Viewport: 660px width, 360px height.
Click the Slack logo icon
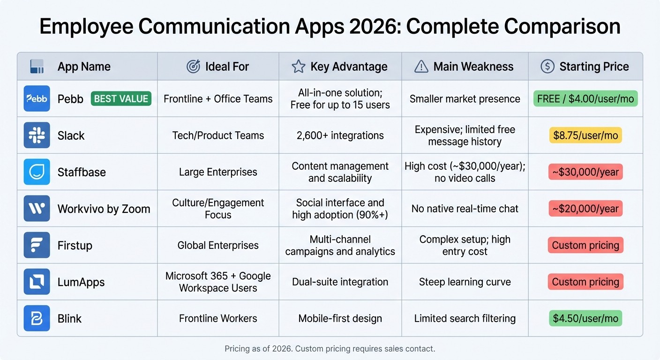[37, 135]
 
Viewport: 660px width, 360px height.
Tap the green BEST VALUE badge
[121, 98]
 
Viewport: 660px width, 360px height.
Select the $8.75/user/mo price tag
[585, 135]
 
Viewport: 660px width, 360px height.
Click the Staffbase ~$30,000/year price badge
[585, 172]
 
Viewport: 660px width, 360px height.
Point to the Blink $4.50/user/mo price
[585, 318]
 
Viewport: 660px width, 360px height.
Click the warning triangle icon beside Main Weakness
[421, 67]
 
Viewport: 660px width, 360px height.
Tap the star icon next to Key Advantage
[299, 67]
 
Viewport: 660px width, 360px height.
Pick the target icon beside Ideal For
[193, 67]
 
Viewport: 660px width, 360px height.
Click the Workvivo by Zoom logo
[37, 208]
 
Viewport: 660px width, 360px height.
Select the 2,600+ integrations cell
[340, 135]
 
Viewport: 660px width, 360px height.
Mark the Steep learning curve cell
[465, 282]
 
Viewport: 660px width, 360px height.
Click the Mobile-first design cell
[340, 318]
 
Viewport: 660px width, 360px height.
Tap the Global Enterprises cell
[218, 245]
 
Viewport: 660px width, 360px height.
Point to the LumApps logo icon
[37, 282]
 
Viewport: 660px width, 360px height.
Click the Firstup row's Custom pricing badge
[585, 245]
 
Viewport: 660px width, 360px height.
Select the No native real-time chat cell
[465, 209]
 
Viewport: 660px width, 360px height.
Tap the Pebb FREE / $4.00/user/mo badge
[585, 98]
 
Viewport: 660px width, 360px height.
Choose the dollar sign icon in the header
[547, 67]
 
